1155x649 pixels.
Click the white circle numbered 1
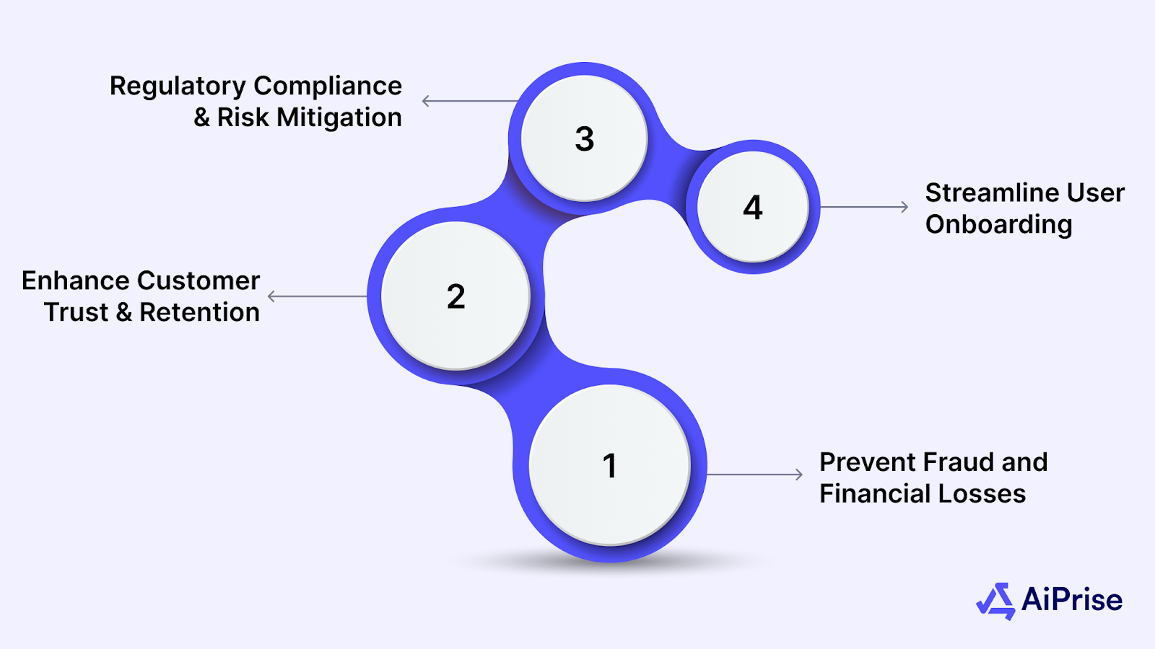(x=610, y=465)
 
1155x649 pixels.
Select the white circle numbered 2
(x=456, y=296)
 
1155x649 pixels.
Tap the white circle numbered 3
(x=584, y=138)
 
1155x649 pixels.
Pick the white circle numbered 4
(x=752, y=208)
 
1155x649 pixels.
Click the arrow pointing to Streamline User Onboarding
(x=863, y=207)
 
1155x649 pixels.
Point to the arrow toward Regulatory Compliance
(x=469, y=101)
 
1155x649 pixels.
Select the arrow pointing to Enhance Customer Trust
(x=317, y=296)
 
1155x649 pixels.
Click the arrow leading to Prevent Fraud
(x=754, y=474)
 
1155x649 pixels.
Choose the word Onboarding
(x=998, y=225)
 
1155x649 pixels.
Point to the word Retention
(x=199, y=312)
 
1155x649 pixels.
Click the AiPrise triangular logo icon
(x=995, y=601)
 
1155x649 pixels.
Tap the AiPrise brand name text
(x=1072, y=600)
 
